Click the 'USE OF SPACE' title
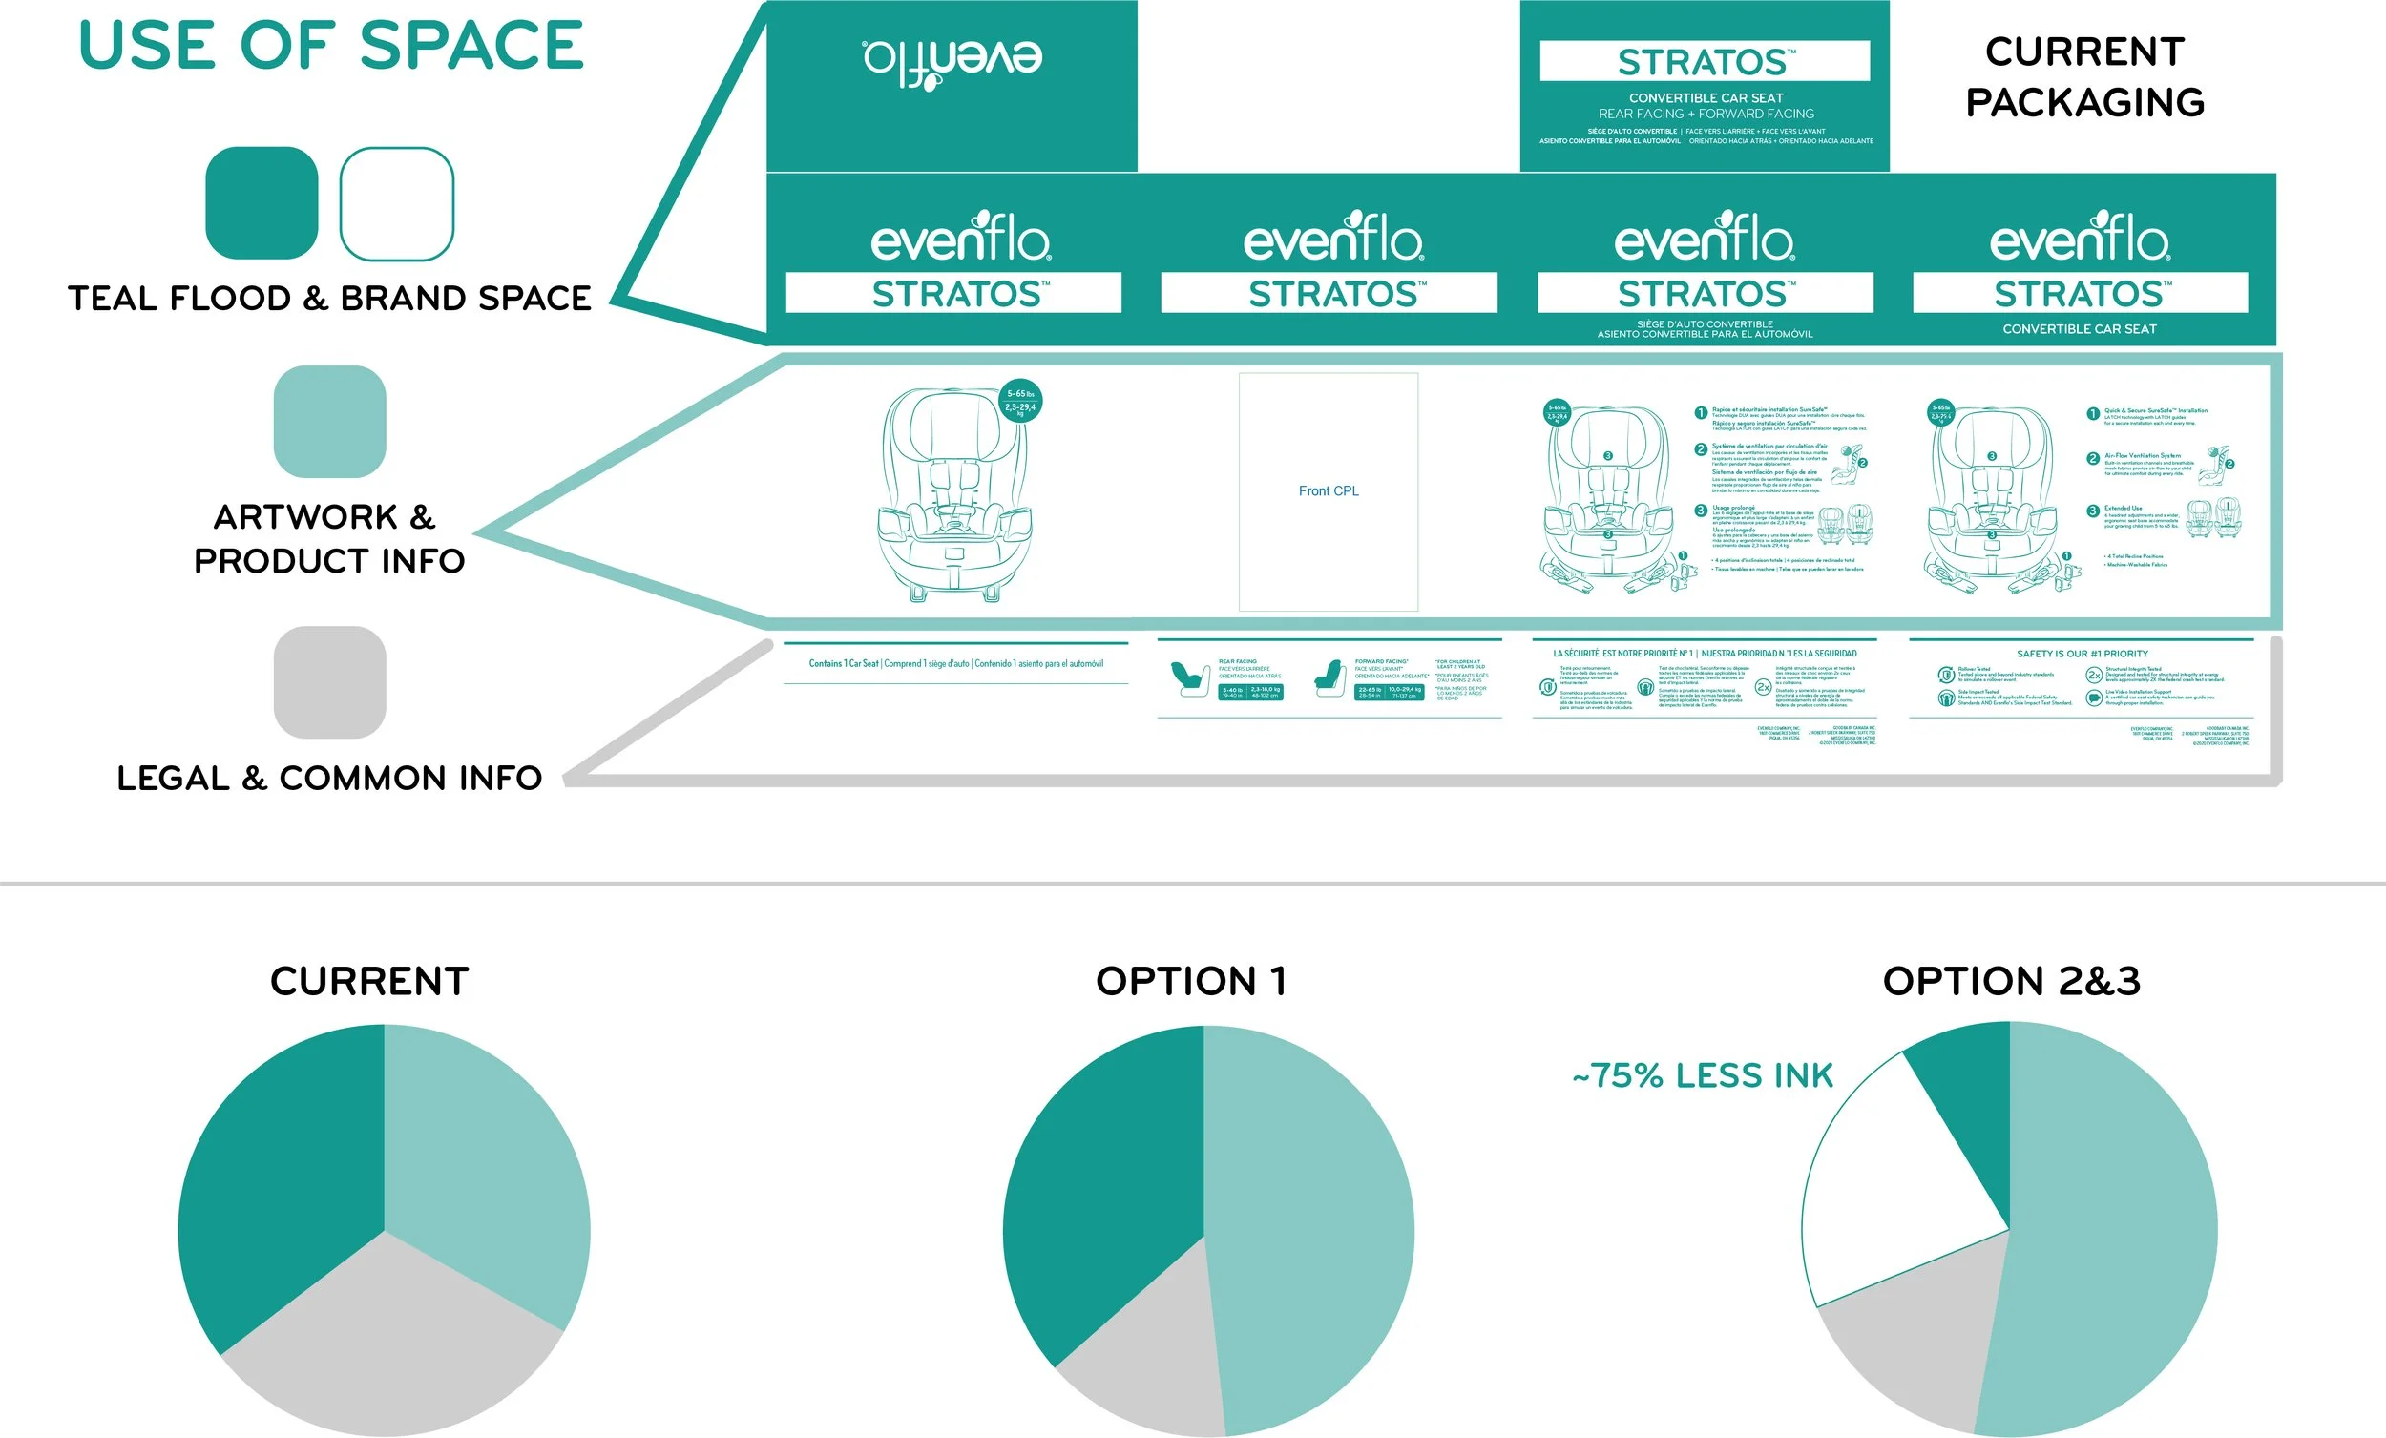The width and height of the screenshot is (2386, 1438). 331,46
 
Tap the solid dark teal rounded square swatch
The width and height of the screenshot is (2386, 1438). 262,203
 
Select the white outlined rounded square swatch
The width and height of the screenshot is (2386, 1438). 396,203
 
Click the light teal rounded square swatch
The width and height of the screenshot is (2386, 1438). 329,421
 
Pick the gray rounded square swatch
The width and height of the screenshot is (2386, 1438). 329,681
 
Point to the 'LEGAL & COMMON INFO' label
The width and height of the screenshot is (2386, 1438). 329,778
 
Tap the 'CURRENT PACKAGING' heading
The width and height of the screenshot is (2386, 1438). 2084,76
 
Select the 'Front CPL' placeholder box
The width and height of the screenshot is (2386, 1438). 1329,491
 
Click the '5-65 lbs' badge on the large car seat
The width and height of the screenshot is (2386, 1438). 1020,400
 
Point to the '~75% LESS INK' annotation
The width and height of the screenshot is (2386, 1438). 1704,1075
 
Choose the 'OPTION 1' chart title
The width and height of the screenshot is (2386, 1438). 1191,981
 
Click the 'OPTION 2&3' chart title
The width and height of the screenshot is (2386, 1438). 2011,981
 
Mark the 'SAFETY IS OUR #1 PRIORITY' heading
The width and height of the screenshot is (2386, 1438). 2082,654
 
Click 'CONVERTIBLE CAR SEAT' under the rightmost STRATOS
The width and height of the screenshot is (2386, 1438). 2079,329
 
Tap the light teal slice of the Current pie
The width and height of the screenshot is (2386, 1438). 484,1162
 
